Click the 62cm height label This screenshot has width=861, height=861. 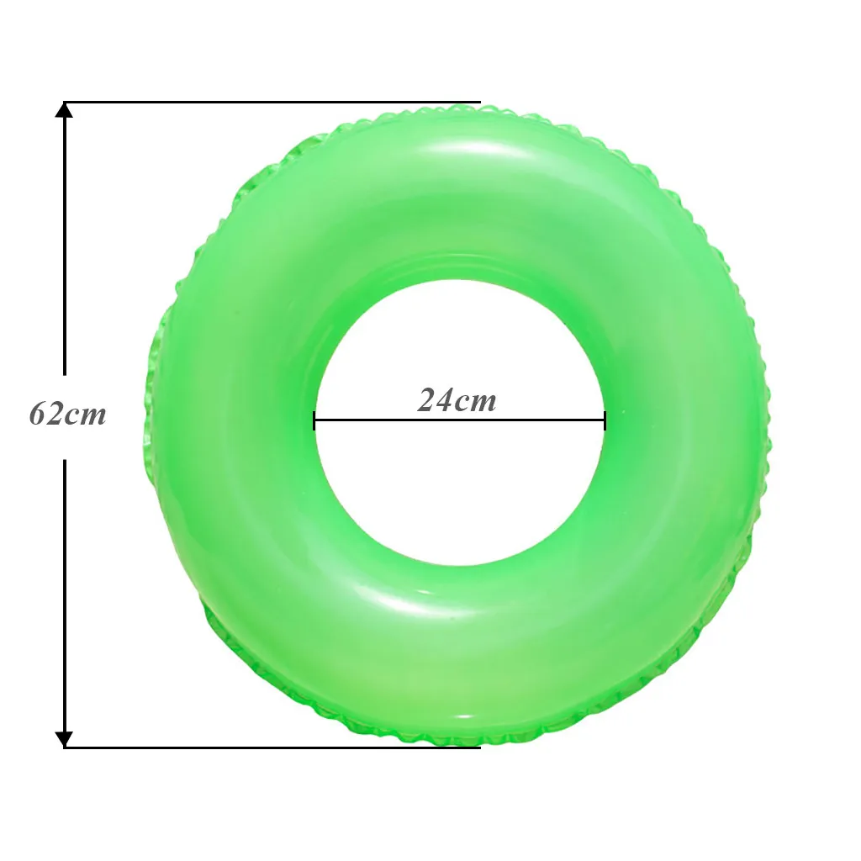click(67, 414)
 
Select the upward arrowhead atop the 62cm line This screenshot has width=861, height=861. click(64, 110)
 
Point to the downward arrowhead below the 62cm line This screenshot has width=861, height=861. click(64, 739)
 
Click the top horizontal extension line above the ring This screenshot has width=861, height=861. click(272, 102)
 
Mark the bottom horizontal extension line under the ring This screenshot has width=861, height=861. click(272, 747)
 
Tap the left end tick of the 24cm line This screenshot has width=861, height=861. click(314, 420)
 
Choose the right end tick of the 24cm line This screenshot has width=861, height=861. click(605, 420)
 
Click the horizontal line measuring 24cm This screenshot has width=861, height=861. click(460, 420)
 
